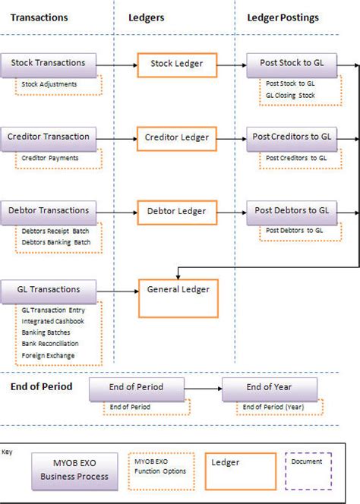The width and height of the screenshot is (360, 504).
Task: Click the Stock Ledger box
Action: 176,64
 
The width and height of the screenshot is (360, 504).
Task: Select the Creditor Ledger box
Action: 176,137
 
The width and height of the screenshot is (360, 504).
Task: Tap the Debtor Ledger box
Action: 176,211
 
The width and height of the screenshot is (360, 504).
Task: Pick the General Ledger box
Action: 176,297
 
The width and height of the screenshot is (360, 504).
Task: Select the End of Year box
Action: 269,388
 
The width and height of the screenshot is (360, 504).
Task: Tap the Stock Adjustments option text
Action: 49,83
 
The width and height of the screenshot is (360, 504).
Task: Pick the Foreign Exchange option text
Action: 48,354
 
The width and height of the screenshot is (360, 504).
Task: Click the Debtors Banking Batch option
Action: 55,242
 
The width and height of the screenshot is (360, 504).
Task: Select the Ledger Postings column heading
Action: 283,17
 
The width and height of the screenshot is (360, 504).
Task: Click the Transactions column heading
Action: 39,17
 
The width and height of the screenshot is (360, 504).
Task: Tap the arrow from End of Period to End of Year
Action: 204,389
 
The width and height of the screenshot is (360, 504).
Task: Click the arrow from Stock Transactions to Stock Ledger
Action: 118,65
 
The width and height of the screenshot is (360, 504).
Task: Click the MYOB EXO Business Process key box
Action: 74,471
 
